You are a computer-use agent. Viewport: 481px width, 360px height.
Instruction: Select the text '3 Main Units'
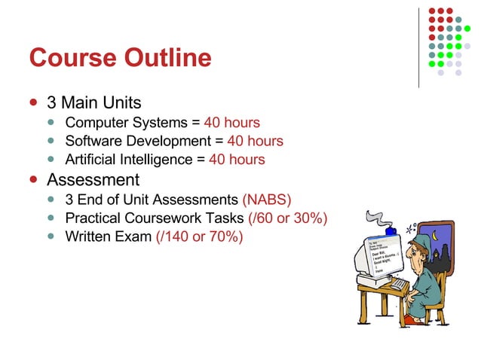93,101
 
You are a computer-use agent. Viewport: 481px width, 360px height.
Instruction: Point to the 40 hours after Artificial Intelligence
237,160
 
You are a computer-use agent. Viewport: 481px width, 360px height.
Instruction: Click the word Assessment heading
93,180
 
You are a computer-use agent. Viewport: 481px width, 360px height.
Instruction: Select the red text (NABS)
266,200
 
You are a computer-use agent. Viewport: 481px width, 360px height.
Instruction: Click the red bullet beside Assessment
32,180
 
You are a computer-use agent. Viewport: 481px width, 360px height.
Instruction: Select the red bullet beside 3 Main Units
32,101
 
